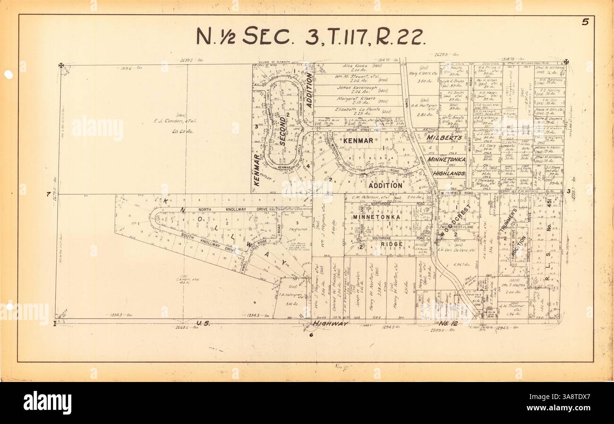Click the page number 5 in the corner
point(585,22)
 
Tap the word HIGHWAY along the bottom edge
point(331,323)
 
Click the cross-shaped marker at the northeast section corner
point(566,62)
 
